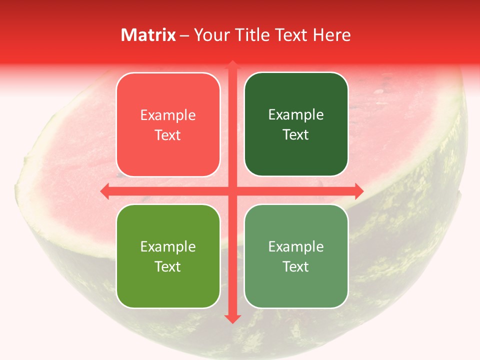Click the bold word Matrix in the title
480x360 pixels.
click(148, 35)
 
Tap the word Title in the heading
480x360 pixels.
click(250, 35)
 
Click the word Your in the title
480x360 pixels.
click(210, 35)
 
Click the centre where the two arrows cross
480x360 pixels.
click(232, 191)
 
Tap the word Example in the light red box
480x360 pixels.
click(168, 115)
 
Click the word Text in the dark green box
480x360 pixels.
click(296, 135)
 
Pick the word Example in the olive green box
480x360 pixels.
click(168, 247)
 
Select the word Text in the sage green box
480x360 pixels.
click(296, 267)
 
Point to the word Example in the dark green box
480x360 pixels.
click(296, 115)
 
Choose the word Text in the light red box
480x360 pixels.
click(168, 135)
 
